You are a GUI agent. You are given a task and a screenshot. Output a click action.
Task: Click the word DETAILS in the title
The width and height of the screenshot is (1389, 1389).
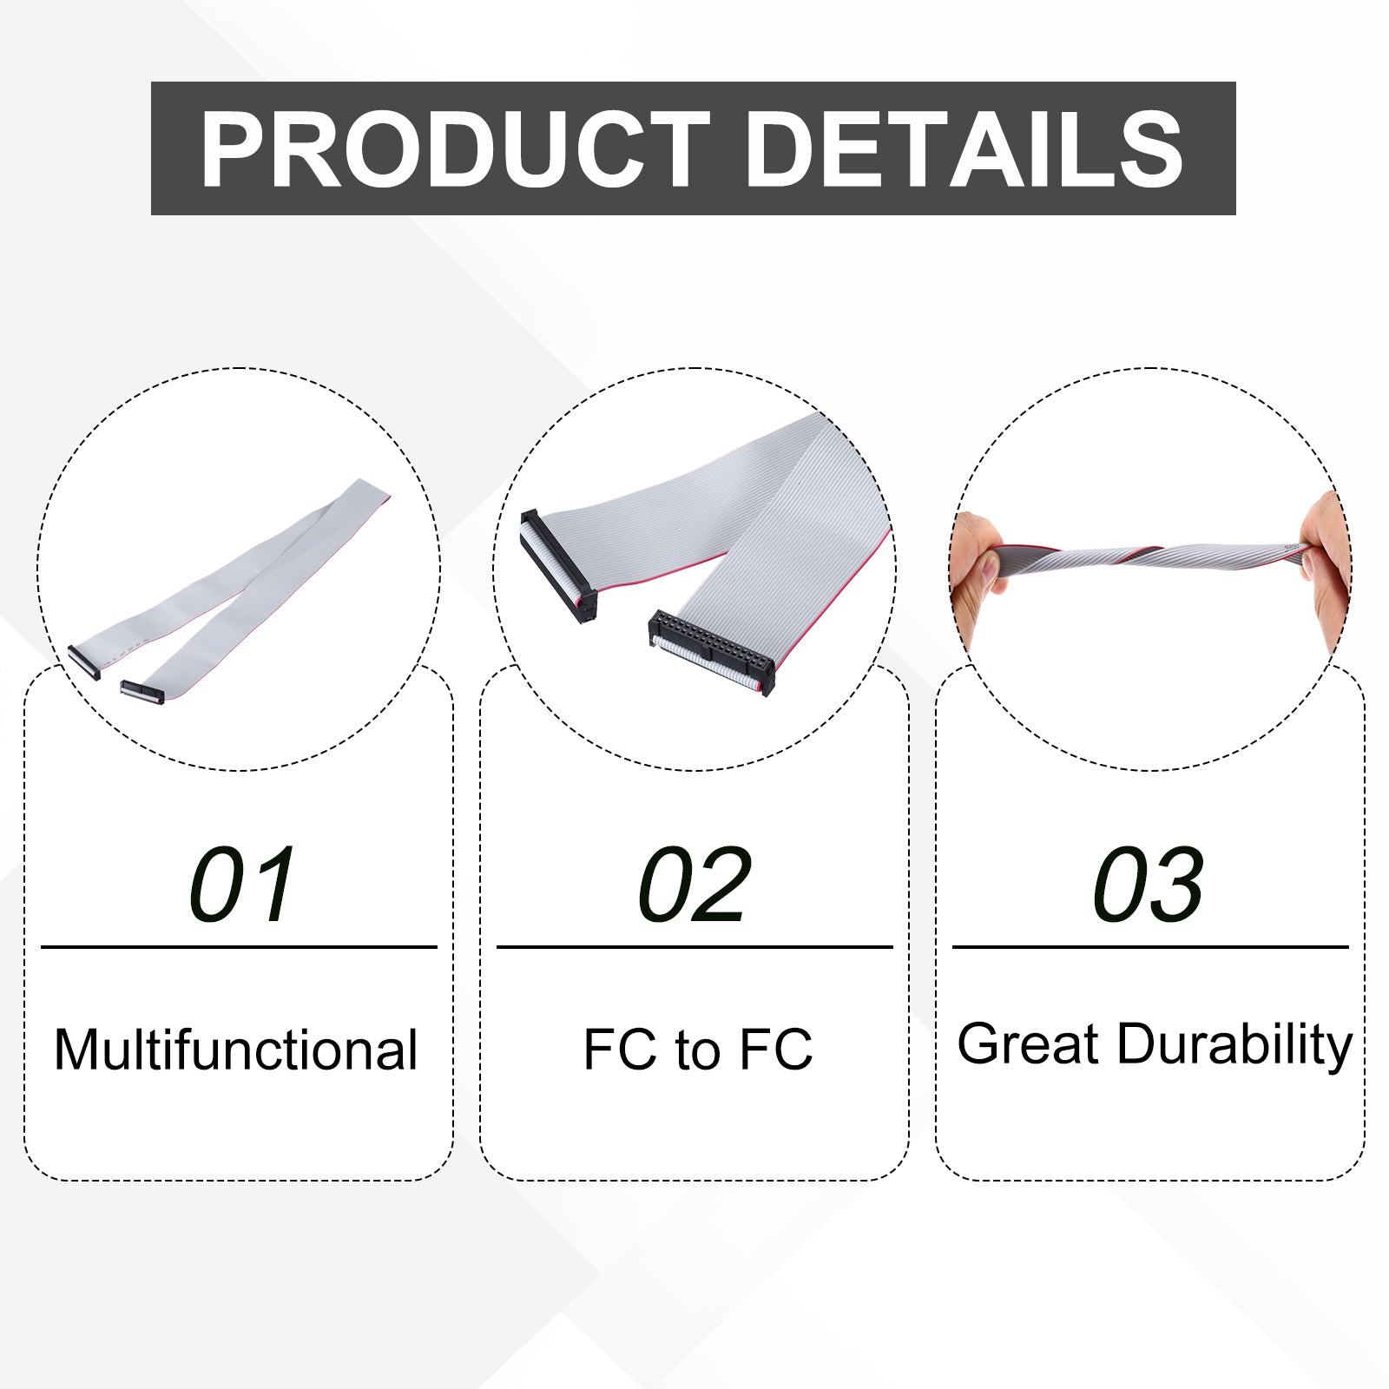pos(964,149)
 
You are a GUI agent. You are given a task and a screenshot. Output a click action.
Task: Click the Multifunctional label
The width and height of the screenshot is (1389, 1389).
pos(236,1050)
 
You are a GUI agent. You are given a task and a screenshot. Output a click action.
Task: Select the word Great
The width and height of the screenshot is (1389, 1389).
pos(1028,1043)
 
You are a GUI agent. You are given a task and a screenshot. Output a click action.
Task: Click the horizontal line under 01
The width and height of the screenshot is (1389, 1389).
pos(239,947)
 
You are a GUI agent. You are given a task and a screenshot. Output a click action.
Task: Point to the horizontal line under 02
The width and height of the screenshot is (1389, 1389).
pos(694,947)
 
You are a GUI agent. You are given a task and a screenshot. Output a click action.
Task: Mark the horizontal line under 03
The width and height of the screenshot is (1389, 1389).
pos(1150,947)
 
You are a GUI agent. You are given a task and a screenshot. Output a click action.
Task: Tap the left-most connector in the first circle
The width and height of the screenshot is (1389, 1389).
pos(84,662)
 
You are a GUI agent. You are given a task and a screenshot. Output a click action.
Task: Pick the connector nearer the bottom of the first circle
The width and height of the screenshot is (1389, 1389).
pos(142,692)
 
